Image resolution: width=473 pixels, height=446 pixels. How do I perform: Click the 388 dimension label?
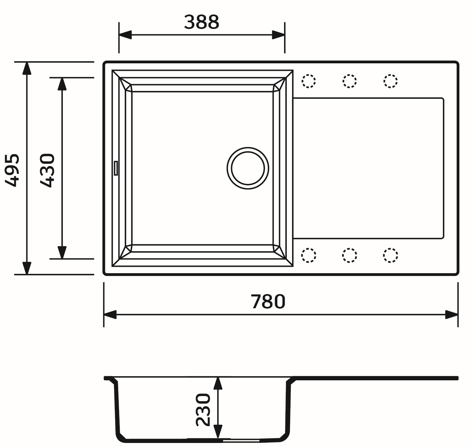coord(201,22)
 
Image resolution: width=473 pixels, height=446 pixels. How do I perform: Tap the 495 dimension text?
coord(13,170)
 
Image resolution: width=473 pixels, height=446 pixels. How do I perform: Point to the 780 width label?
coord(268,301)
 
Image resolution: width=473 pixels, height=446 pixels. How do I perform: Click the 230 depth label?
coord(203,410)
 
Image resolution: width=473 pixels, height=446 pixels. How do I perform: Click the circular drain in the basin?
coord(248,168)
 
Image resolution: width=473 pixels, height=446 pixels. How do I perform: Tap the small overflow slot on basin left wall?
coord(116,168)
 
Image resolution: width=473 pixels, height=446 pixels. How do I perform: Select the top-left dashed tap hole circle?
coord(308,81)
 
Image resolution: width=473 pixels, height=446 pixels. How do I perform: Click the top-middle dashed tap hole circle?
coord(350,81)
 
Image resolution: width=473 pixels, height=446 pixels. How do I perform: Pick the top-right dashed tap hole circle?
coord(390,81)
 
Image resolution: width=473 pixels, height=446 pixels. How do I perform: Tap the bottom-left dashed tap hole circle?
coord(308,255)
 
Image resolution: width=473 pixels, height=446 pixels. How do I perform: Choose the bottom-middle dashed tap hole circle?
coord(350,255)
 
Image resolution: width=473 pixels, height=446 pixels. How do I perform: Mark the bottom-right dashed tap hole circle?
coord(390,255)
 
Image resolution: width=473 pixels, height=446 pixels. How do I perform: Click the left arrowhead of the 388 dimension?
coord(125,34)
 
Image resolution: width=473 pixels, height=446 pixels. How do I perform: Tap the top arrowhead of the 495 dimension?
coord(26,68)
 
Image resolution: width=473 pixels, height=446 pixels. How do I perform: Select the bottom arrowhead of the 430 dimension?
coord(62,252)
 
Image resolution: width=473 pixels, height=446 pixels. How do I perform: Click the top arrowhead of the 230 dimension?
coord(218,383)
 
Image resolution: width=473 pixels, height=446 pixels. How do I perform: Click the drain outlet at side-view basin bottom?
coord(240,440)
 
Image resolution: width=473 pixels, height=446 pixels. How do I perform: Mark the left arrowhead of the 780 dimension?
coord(110,315)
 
